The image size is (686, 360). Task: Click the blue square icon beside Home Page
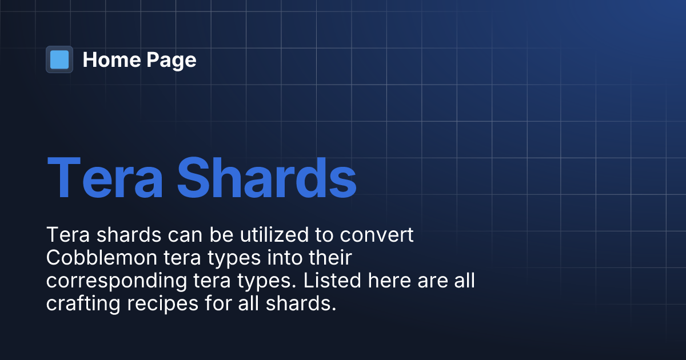click(59, 59)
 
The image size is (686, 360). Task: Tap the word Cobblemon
click(105, 258)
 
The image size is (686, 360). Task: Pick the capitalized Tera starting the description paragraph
click(65, 235)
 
